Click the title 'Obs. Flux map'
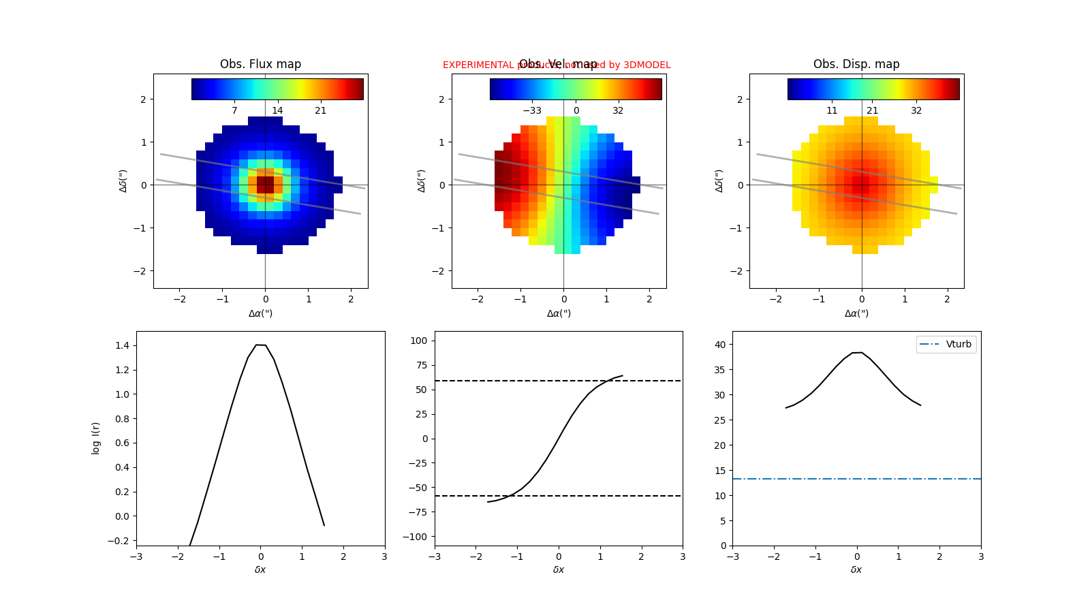260,64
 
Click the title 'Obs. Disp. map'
856,64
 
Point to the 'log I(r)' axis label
96,438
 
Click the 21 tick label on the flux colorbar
320,110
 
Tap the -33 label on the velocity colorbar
532,110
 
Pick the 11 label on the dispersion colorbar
832,110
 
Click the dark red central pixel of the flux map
265,185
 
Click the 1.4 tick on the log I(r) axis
123,346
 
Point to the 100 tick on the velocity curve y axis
421,341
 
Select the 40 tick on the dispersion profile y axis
720,345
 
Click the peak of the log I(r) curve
261,345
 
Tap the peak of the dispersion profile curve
857,353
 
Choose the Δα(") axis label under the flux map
260,313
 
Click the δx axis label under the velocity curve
559,569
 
